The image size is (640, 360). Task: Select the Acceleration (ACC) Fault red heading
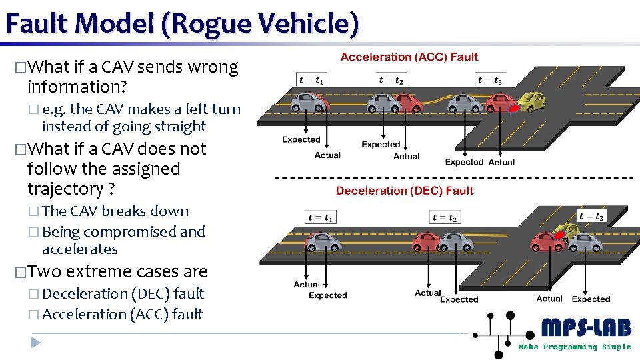[x=409, y=57]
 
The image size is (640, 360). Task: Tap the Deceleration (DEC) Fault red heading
[x=405, y=191]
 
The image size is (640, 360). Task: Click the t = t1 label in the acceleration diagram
[x=312, y=80]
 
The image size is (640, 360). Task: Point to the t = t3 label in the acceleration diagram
[x=490, y=80]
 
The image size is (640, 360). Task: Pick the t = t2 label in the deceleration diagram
[x=445, y=218]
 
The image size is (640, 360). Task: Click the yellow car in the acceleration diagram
[x=531, y=101]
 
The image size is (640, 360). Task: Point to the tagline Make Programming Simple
[x=574, y=347]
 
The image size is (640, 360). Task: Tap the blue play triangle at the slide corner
[x=36, y=343]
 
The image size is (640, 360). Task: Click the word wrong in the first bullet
[x=213, y=67]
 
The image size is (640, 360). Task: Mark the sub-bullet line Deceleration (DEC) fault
[x=123, y=293]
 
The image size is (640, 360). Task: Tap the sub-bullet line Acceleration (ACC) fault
[x=122, y=314]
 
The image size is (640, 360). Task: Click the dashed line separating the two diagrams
[x=453, y=178]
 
